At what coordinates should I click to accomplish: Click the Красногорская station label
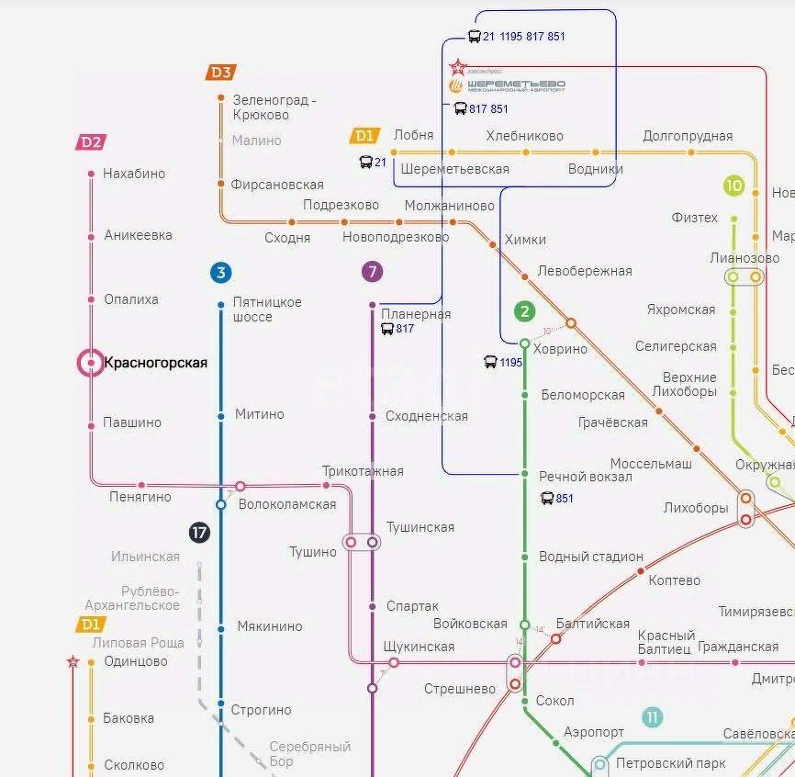click(x=156, y=363)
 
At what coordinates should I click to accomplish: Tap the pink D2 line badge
click(x=91, y=142)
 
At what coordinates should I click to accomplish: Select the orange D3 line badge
click(x=221, y=73)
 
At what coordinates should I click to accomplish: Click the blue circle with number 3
click(x=220, y=273)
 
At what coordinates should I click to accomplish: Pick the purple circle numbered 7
click(x=372, y=272)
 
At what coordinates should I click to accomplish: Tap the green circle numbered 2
click(x=524, y=311)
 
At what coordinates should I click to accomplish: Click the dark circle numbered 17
click(x=199, y=532)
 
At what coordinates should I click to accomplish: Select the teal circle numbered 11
click(x=652, y=717)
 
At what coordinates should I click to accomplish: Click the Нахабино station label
click(x=134, y=174)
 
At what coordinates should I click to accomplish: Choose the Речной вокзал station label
click(x=586, y=477)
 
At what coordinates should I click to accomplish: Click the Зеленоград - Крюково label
click(x=274, y=107)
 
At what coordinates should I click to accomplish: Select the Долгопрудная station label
click(x=688, y=136)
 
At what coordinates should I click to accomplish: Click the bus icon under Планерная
click(x=387, y=329)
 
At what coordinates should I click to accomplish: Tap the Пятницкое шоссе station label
click(x=267, y=309)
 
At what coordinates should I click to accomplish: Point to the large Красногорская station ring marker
click(x=91, y=364)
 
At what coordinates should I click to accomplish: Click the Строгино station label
click(x=262, y=710)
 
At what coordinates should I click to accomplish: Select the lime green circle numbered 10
click(x=733, y=186)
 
